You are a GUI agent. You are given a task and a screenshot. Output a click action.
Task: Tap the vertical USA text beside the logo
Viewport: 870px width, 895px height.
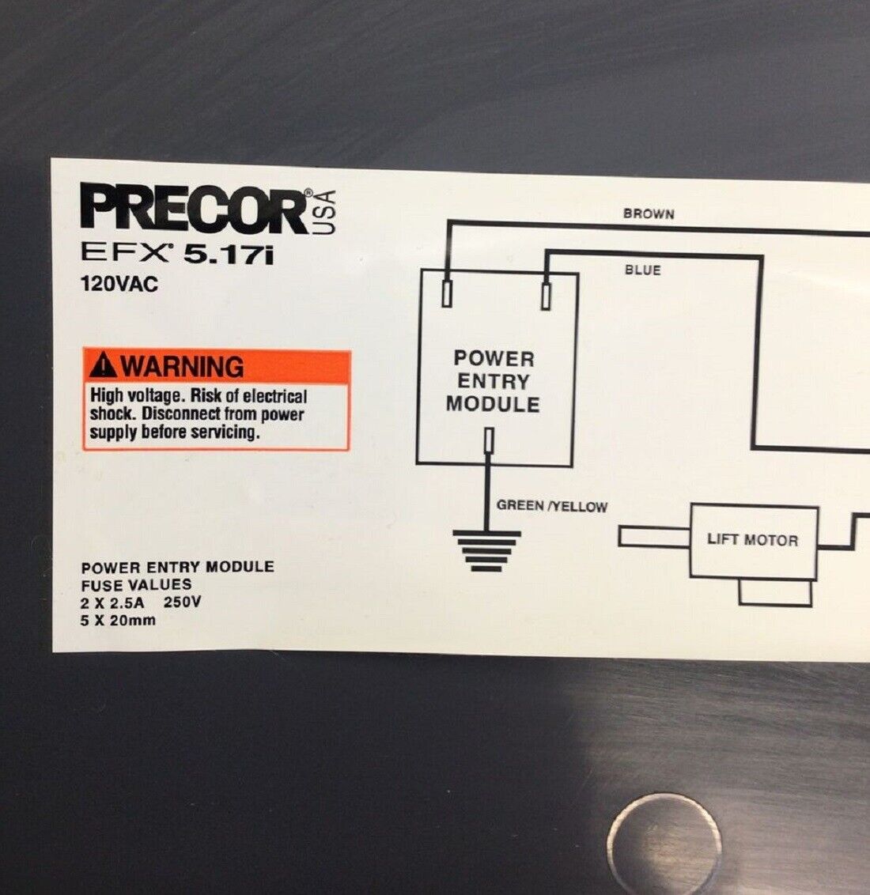pos(324,212)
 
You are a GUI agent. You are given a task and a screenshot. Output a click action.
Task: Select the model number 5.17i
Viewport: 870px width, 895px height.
pos(229,255)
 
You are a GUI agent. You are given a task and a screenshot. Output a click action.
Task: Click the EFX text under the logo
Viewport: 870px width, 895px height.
pos(124,252)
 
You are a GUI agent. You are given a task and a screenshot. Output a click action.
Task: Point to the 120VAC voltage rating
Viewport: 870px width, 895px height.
pos(119,284)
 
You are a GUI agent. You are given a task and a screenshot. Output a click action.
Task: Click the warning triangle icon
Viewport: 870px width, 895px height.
pos(104,365)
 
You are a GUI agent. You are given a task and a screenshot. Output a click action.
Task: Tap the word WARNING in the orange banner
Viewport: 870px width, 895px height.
pos(182,366)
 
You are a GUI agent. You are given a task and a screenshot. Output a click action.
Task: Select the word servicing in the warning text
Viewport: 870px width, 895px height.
pos(225,432)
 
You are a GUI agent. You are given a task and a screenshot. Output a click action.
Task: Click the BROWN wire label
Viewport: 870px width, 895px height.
pos(649,214)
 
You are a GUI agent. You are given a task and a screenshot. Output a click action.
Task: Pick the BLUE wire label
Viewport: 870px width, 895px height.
pos(643,270)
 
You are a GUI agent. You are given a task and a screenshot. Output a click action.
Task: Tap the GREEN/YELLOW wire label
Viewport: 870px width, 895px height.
pos(551,506)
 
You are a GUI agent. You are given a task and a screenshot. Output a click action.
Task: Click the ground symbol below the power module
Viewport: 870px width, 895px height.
pos(486,551)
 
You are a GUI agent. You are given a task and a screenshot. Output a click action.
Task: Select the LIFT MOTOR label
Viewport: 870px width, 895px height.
pos(752,540)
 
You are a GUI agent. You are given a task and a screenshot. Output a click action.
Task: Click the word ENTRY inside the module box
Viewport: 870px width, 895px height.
pos(494,381)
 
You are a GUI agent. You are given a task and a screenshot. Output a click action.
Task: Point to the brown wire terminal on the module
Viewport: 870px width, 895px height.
pos(447,293)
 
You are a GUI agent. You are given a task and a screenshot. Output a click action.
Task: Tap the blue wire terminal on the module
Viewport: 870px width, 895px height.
pos(547,296)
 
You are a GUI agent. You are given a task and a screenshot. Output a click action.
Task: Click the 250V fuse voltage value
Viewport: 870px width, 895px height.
pos(182,602)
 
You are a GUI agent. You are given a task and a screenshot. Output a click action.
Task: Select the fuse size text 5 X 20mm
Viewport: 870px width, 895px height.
pos(118,621)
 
